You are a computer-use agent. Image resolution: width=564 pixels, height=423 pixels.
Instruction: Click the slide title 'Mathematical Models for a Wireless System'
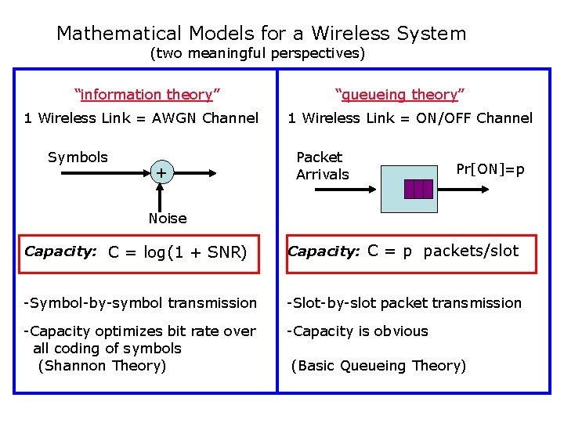[261, 34]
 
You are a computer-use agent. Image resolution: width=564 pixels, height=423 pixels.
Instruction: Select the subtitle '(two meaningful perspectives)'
[257, 54]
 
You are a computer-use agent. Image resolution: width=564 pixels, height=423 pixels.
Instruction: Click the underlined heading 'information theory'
[146, 95]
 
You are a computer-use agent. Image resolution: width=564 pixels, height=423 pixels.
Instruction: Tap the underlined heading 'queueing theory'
[400, 95]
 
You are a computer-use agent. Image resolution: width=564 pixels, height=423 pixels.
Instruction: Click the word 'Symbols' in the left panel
[78, 157]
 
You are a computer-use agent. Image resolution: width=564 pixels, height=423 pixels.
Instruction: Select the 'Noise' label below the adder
[168, 219]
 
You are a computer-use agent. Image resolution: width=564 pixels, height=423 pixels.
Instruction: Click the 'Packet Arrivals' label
[322, 166]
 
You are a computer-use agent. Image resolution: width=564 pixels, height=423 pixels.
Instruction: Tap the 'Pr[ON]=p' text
[490, 169]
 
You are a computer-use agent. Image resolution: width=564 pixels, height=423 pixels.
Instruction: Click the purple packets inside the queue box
[418, 189]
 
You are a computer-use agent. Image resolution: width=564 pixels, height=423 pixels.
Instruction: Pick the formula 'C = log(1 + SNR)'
[177, 252]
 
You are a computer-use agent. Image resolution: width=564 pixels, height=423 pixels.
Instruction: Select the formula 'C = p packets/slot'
[443, 251]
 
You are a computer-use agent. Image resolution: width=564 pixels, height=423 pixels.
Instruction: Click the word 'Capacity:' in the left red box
[60, 251]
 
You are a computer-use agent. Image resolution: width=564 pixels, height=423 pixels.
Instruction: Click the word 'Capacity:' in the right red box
[324, 251]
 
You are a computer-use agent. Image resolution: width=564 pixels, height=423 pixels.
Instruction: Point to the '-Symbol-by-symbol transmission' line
[140, 303]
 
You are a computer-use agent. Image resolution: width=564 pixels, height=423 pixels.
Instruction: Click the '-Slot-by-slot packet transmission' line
[404, 303]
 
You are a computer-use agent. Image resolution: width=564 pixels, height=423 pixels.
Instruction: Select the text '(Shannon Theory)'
[102, 366]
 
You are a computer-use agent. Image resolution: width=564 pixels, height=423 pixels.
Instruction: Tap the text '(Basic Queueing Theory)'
[378, 366]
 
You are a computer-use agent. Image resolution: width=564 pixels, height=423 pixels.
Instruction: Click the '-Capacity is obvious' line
[357, 331]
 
